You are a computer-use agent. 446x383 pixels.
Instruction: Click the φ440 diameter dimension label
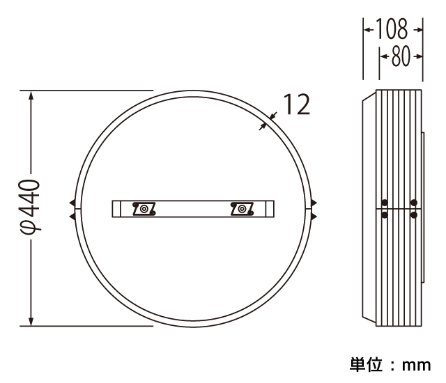(x=30, y=207)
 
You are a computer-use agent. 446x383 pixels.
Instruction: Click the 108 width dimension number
(x=392, y=29)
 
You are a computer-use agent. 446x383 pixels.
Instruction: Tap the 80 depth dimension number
(x=401, y=56)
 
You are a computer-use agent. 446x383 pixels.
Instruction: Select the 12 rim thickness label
(x=297, y=104)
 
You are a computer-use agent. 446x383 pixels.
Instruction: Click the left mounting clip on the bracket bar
(x=144, y=209)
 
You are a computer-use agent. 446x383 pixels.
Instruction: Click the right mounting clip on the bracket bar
(x=242, y=209)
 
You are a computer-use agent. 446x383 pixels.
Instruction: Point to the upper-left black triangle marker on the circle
(x=72, y=203)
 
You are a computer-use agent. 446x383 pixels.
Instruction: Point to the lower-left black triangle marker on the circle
(x=72, y=216)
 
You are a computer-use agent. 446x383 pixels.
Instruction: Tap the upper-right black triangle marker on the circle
(x=314, y=203)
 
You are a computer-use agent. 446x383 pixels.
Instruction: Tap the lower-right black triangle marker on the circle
(x=314, y=217)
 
